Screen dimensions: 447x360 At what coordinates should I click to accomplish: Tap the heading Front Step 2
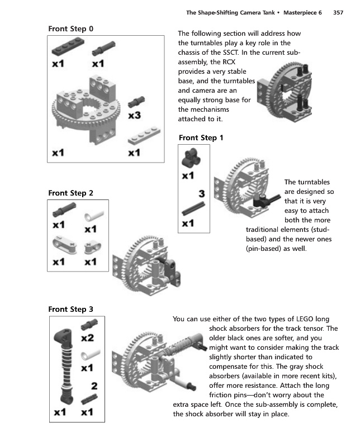71,193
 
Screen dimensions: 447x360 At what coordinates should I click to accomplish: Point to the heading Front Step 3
71,308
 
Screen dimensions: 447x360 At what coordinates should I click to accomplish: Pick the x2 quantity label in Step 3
87,338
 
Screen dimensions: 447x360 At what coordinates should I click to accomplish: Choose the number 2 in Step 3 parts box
94,386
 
